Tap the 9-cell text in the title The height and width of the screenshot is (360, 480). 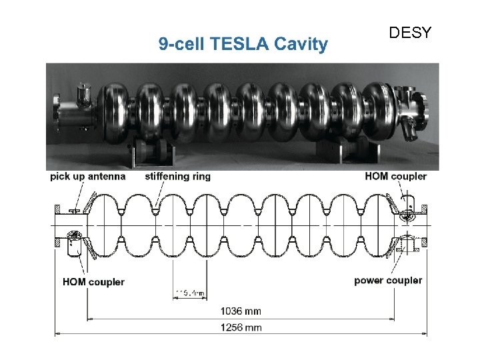(x=183, y=45)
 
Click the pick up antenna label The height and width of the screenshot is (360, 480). (x=87, y=177)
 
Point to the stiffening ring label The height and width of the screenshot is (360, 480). (x=177, y=177)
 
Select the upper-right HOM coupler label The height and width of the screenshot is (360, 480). (x=396, y=177)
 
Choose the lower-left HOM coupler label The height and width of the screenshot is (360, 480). (x=93, y=281)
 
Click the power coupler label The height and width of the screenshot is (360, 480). (x=388, y=280)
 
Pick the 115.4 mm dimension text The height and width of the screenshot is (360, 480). (x=190, y=293)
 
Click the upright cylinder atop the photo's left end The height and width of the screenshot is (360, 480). (x=84, y=93)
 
